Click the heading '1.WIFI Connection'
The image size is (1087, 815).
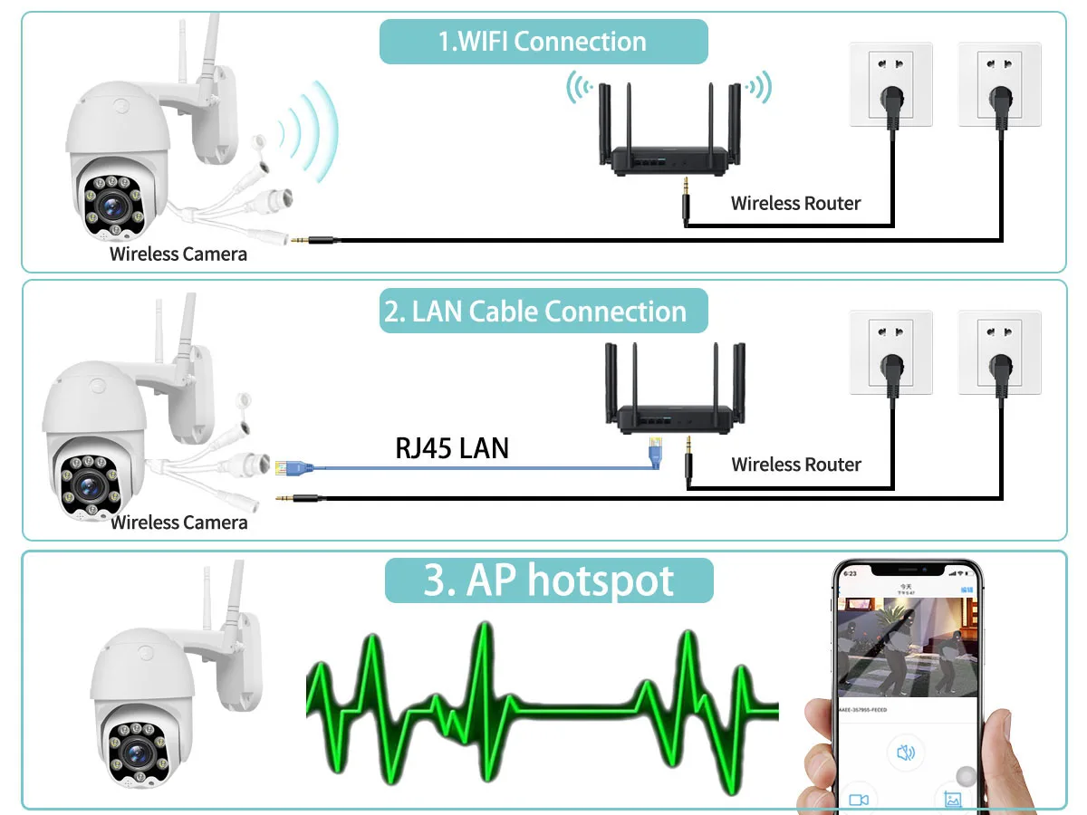543,42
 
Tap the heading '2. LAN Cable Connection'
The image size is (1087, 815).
535,312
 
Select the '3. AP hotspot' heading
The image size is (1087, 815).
549,580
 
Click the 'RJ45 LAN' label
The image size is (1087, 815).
452,447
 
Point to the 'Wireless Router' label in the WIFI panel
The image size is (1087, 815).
796,203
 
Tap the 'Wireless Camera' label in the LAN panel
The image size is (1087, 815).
179,523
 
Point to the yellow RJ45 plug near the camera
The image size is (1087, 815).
283,467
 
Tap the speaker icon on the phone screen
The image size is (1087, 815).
905,752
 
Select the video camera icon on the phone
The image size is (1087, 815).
859,800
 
